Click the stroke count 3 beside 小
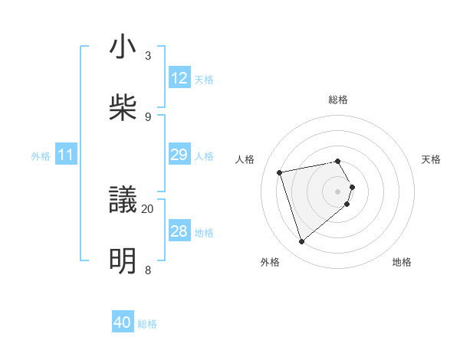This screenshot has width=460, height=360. click(148, 55)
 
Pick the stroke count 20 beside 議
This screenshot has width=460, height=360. click(148, 208)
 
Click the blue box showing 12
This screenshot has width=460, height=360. click(179, 78)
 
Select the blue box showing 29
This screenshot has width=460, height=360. click(179, 155)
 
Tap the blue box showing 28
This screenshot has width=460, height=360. click(179, 231)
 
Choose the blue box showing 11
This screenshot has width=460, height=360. click(66, 155)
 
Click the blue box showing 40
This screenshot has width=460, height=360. click(123, 323)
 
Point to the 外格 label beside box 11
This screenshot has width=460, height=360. click(41, 156)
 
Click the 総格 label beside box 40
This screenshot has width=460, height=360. click(147, 324)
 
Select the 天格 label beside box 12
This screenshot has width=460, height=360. click(204, 79)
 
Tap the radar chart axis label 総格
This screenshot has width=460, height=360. click(337, 100)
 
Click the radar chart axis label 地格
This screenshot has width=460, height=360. click(402, 262)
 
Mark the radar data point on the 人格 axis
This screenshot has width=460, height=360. click(280, 172)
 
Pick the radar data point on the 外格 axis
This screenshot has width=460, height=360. click(302, 242)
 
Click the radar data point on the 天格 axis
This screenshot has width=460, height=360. click(352, 186)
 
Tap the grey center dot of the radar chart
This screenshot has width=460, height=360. click(337, 190)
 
